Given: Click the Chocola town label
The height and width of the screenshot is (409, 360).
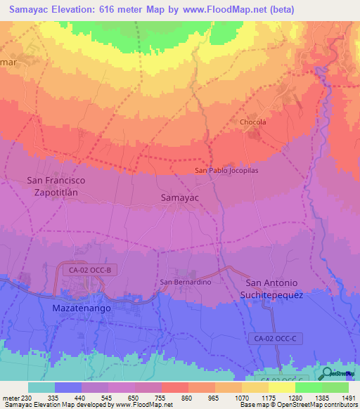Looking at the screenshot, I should pyautogui.click(x=253, y=122).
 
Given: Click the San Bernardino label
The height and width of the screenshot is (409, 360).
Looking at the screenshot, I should pyautogui.click(x=186, y=282).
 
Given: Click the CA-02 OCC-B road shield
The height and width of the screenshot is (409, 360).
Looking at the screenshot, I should pyautogui.click(x=84, y=269).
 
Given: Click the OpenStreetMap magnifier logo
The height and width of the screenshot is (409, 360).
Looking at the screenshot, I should pyautogui.click(x=328, y=373).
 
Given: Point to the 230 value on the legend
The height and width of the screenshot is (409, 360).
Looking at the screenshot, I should pyautogui.click(x=27, y=398).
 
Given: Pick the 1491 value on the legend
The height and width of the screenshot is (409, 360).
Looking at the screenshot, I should pyautogui.click(x=347, y=398).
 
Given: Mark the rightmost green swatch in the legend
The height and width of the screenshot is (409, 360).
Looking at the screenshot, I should pyautogui.click(x=335, y=387).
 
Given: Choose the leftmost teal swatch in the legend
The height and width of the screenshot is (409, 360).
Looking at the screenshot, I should pyautogui.click(x=41, y=387).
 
